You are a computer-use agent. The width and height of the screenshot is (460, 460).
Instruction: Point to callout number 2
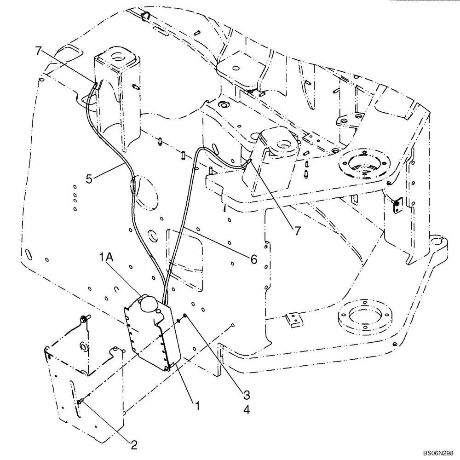[134, 444]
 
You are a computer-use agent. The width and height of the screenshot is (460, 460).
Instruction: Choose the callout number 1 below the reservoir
[197, 406]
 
